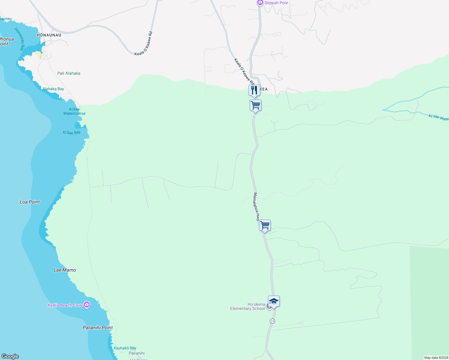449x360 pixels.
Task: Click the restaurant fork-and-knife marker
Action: [254, 90]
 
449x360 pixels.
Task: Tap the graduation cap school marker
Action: [274, 301]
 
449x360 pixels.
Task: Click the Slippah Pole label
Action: [276, 3]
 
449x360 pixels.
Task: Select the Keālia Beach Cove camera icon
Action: [87, 305]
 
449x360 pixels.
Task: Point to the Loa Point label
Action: [30, 202]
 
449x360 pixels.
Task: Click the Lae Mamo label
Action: [65, 270]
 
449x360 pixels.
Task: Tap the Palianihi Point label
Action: [98, 328]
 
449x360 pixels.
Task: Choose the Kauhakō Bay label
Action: [125, 348]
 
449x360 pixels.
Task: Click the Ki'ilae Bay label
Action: [71, 133]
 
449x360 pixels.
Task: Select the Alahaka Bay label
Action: [53, 89]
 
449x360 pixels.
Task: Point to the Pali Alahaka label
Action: [69, 73]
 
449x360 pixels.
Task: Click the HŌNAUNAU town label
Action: [49, 35]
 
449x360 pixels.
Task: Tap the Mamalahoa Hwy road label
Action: [256, 207]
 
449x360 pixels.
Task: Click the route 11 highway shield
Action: [272, 321]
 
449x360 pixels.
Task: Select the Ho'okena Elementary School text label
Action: [248, 306]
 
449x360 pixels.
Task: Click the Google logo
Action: [10, 356]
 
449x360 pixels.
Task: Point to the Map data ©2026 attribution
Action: [436, 358]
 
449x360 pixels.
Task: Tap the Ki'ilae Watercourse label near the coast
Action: [74, 111]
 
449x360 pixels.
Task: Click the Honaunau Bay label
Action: [20, 39]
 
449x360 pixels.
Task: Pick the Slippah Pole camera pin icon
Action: [260, 3]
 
